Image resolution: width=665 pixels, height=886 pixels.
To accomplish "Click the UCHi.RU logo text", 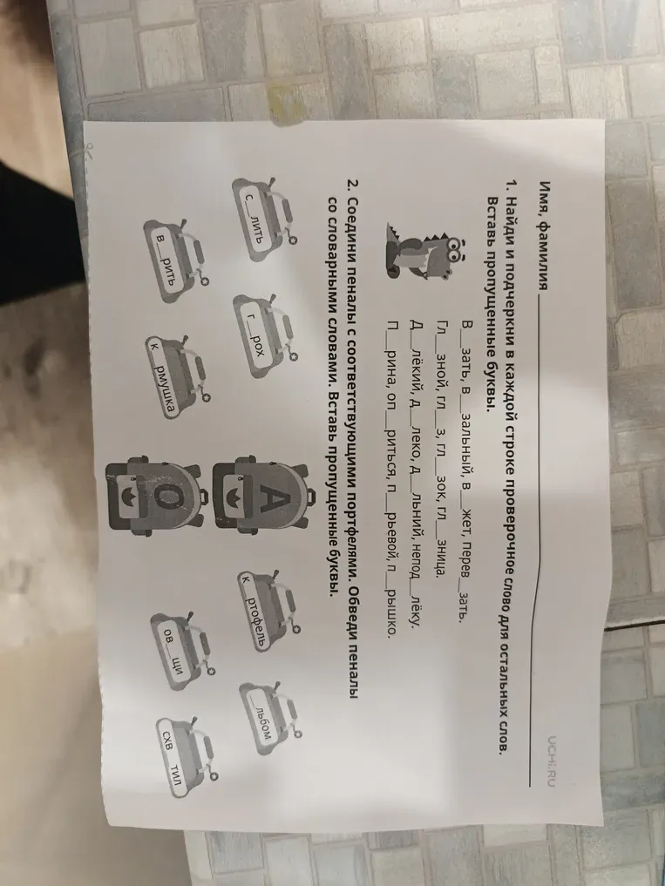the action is pyautogui.click(x=551, y=761).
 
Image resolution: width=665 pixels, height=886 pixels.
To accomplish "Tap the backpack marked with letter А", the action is pyautogui.click(x=262, y=496).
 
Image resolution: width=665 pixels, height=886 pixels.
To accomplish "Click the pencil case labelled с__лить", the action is pyautogui.click(x=264, y=220).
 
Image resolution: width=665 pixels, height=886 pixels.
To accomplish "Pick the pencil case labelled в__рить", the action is pyautogui.click(x=176, y=260).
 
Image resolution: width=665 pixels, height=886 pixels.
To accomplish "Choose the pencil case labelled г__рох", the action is pyautogui.click(x=265, y=335).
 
